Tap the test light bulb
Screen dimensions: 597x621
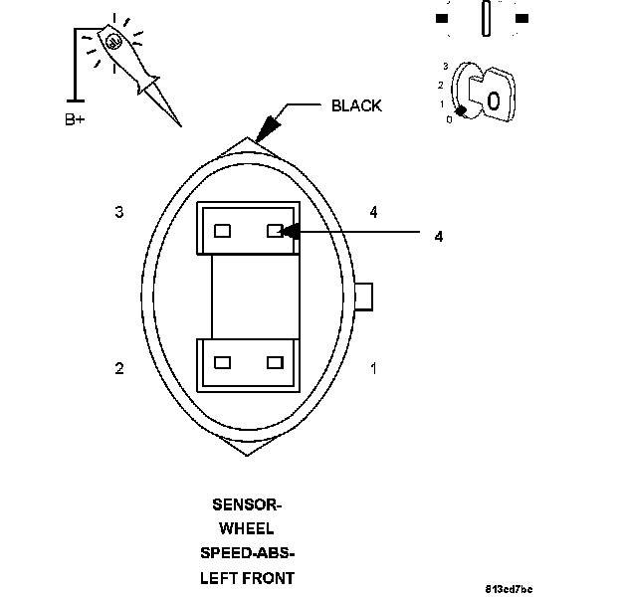coord(112,42)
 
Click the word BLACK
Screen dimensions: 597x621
coord(355,106)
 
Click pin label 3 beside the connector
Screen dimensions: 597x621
coord(119,212)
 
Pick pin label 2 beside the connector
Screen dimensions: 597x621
coord(119,368)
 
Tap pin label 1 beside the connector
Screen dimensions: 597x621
coord(373,368)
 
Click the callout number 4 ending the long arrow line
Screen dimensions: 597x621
coord(439,236)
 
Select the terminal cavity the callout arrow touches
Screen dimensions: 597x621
coord(275,231)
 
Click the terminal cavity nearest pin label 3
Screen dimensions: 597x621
coord(223,231)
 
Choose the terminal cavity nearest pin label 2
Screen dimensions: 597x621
coord(223,362)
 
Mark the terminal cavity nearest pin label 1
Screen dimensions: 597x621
coord(275,362)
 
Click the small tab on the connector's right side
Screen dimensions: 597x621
coord(363,296)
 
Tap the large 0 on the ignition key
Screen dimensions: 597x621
coord(494,100)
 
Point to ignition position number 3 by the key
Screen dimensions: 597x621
coord(446,66)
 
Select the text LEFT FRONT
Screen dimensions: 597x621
coord(248,577)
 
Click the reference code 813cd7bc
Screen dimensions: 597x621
coord(511,589)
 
